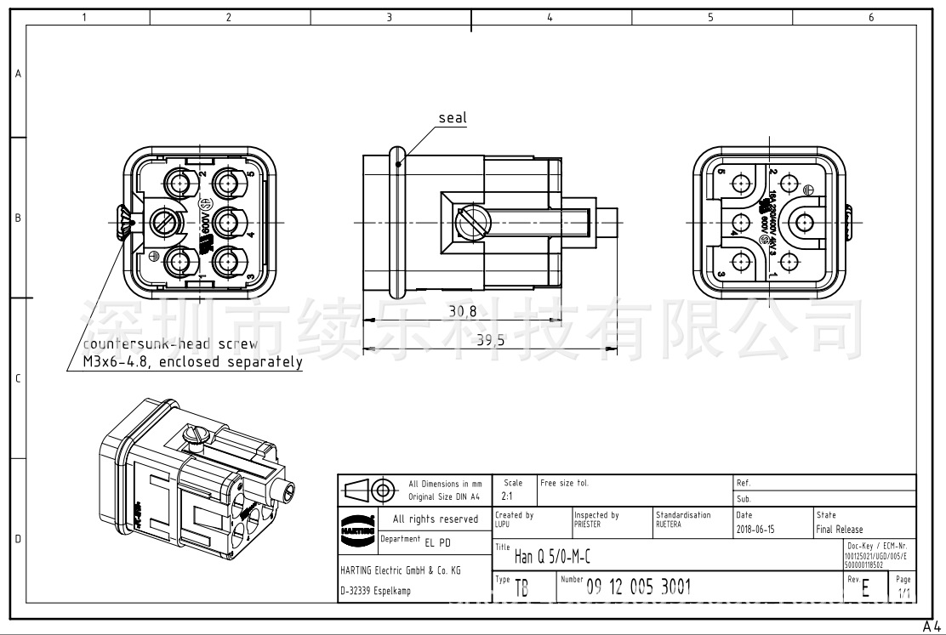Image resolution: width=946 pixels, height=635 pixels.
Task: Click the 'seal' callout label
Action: [453, 118]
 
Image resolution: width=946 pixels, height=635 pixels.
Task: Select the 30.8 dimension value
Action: [463, 312]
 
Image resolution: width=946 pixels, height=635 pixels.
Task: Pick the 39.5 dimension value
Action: [490, 340]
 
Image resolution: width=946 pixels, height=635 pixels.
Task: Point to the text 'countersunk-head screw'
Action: [170, 344]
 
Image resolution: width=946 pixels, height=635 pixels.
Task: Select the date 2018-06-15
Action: [755, 529]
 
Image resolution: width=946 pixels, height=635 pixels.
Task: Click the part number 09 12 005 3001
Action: [638, 587]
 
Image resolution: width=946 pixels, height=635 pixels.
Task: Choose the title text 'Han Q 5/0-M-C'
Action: [553, 558]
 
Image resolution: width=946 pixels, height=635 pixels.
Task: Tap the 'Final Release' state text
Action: [840, 529]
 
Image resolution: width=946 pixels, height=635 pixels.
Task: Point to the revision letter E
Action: [865, 588]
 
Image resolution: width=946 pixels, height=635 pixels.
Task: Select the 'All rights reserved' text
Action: [436, 519]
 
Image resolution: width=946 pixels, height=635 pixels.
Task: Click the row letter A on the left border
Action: [18, 74]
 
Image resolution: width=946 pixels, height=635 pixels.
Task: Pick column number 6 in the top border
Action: [870, 17]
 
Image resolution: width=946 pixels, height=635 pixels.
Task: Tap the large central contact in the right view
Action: [803, 223]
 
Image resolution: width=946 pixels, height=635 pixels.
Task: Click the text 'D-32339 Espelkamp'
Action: [375, 591]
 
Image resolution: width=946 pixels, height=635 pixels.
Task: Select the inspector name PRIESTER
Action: [587, 524]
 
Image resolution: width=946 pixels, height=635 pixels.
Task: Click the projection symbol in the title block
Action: [370, 490]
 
